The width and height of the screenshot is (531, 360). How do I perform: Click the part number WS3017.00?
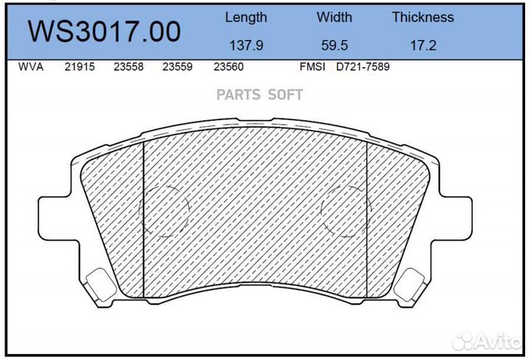point(104,32)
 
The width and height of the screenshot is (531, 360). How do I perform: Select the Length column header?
point(246,17)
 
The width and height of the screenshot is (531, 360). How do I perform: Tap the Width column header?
point(334,17)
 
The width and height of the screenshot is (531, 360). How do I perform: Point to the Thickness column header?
point(423,17)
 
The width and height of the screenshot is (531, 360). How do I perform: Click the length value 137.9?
point(246,45)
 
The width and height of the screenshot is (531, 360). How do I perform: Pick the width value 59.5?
point(334,45)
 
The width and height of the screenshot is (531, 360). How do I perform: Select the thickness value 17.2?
point(423,45)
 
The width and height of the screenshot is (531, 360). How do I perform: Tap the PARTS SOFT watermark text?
point(259,95)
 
